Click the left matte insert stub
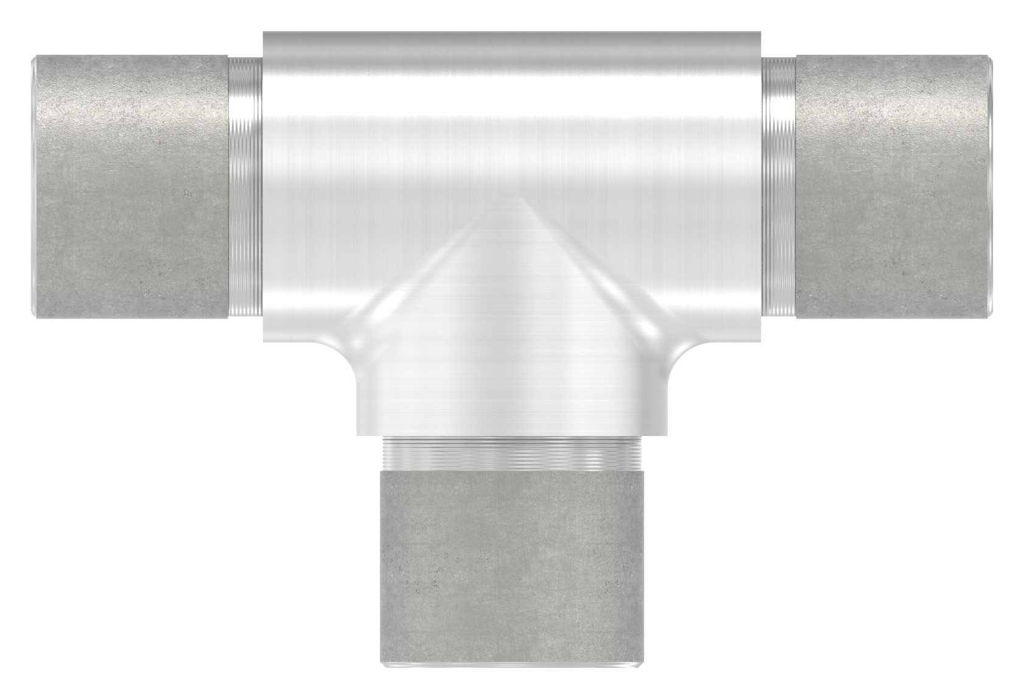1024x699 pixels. [129, 186]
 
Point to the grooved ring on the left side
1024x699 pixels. [245, 186]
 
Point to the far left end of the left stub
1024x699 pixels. [33, 186]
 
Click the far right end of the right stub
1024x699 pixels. [992, 186]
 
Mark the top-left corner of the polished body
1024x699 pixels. [264, 33]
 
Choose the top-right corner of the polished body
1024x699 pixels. [761, 33]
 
